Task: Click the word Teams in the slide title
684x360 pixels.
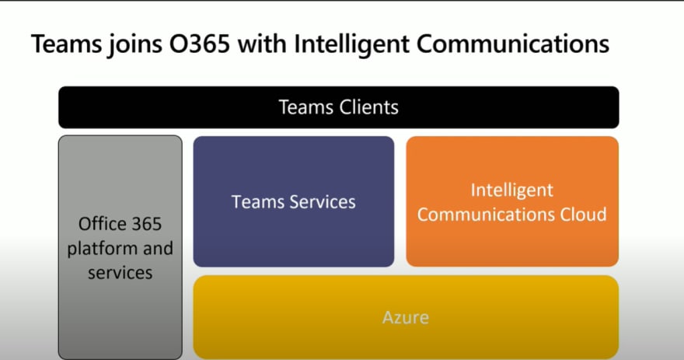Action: point(66,44)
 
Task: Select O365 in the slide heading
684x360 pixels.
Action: point(199,44)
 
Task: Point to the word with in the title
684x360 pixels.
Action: point(262,44)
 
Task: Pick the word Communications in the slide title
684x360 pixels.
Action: point(512,44)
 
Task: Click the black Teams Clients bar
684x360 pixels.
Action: point(339,107)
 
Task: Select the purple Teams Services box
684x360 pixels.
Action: point(294,201)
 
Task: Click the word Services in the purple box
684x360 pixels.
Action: point(323,202)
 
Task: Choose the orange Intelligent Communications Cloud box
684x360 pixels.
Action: point(512,201)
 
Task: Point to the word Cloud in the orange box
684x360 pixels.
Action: point(583,215)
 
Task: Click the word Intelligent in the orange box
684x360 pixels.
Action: point(512,190)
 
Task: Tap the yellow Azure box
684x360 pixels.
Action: point(406,317)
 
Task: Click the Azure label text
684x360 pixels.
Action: point(406,317)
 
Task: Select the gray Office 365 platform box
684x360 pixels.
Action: point(120,247)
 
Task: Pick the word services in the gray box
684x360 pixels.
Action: point(120,273)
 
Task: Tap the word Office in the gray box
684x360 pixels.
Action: point(100,224)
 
